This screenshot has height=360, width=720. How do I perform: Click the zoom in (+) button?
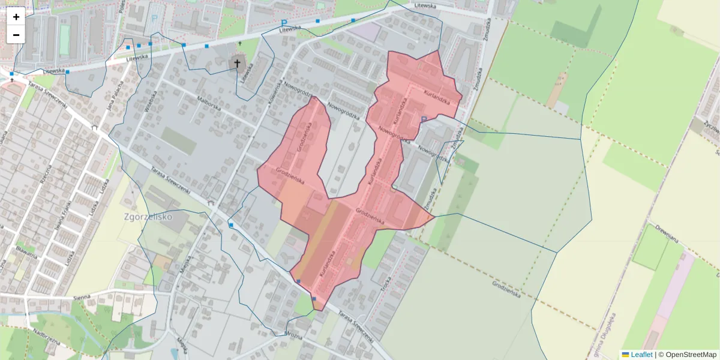(16, 17)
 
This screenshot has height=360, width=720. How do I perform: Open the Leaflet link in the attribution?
(641, 355)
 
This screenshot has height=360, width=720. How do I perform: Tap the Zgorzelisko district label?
(148, 216)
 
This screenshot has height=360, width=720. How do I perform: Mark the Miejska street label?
(185, 262)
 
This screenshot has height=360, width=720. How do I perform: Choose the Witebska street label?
(150, 102)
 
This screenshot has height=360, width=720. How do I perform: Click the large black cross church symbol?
(237, 62)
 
